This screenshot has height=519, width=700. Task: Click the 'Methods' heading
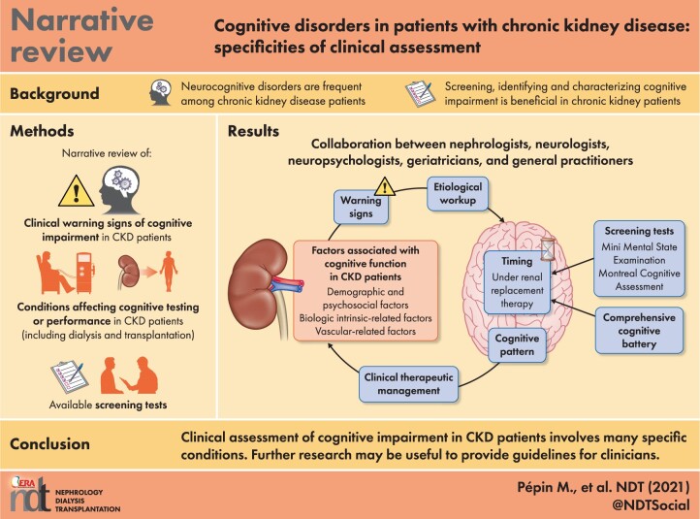46,131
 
